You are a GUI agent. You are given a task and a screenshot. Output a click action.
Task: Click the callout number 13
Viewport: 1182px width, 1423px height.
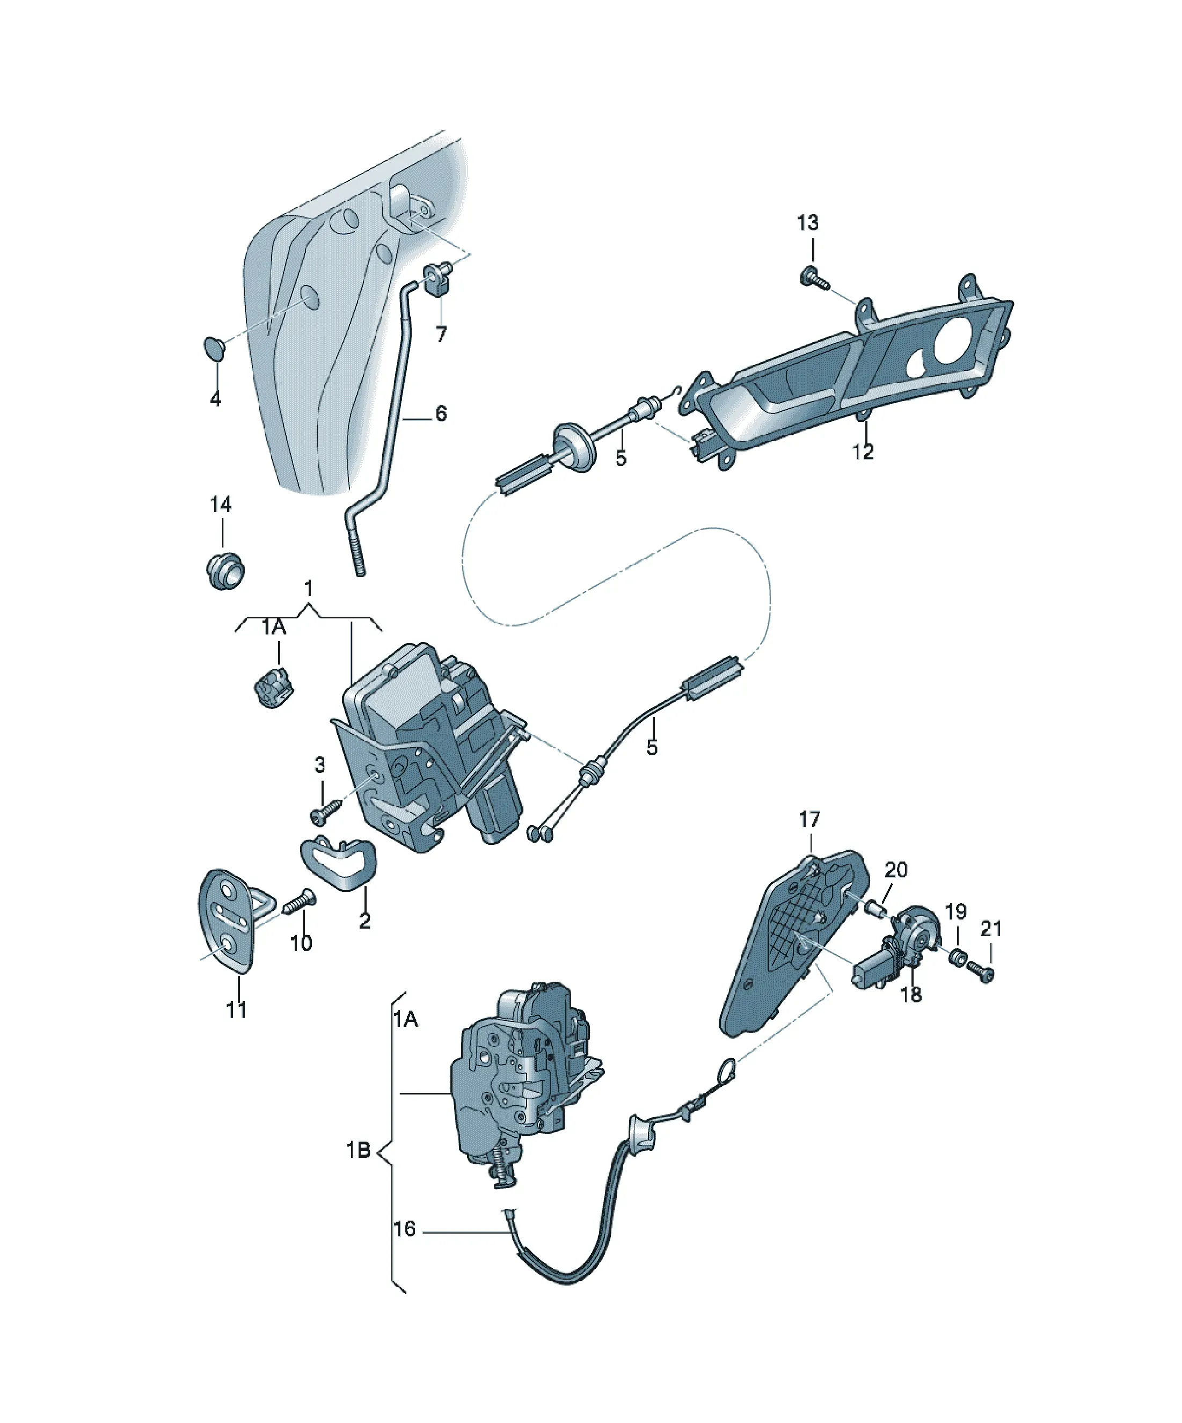pyautogui.click(x=807, y=223)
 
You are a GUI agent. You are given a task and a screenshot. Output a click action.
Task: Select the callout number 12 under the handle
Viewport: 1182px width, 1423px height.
pyautogui.click(x=863, y=451)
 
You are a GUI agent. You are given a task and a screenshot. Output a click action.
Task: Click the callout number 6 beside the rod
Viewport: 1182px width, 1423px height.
pyautogui.click(x=441, y=413)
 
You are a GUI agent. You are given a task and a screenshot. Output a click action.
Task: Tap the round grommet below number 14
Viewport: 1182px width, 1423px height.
pyautogui.click(x=224, y=570)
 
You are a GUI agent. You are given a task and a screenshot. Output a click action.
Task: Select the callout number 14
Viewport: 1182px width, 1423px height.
pyautogui.click(x=220, y=504)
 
